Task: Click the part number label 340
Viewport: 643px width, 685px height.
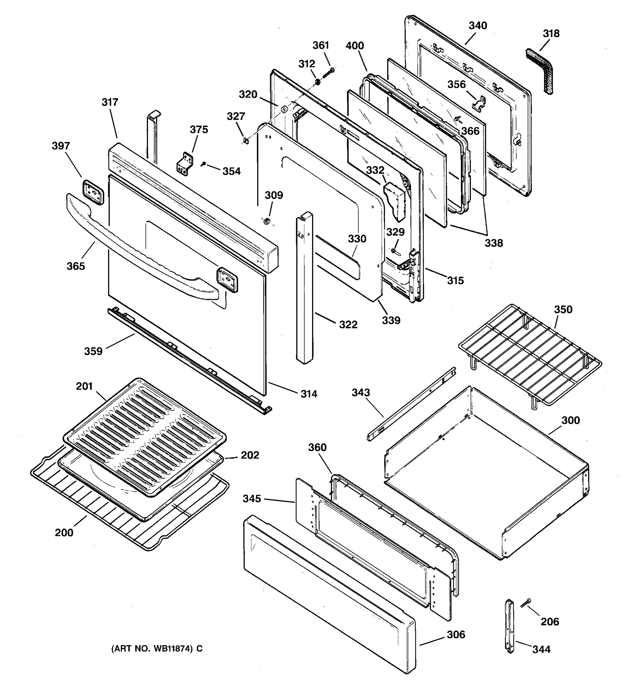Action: pos(478,25)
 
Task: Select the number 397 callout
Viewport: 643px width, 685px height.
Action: pos(61,146)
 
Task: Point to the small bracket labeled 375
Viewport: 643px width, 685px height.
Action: pos(185,163)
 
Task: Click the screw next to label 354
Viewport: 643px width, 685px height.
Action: pos(204,165)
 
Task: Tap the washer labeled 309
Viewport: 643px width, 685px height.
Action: pos(267,221)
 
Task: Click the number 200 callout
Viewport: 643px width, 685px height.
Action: pos(64,533)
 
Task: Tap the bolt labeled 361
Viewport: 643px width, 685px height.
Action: pos(328,73)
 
